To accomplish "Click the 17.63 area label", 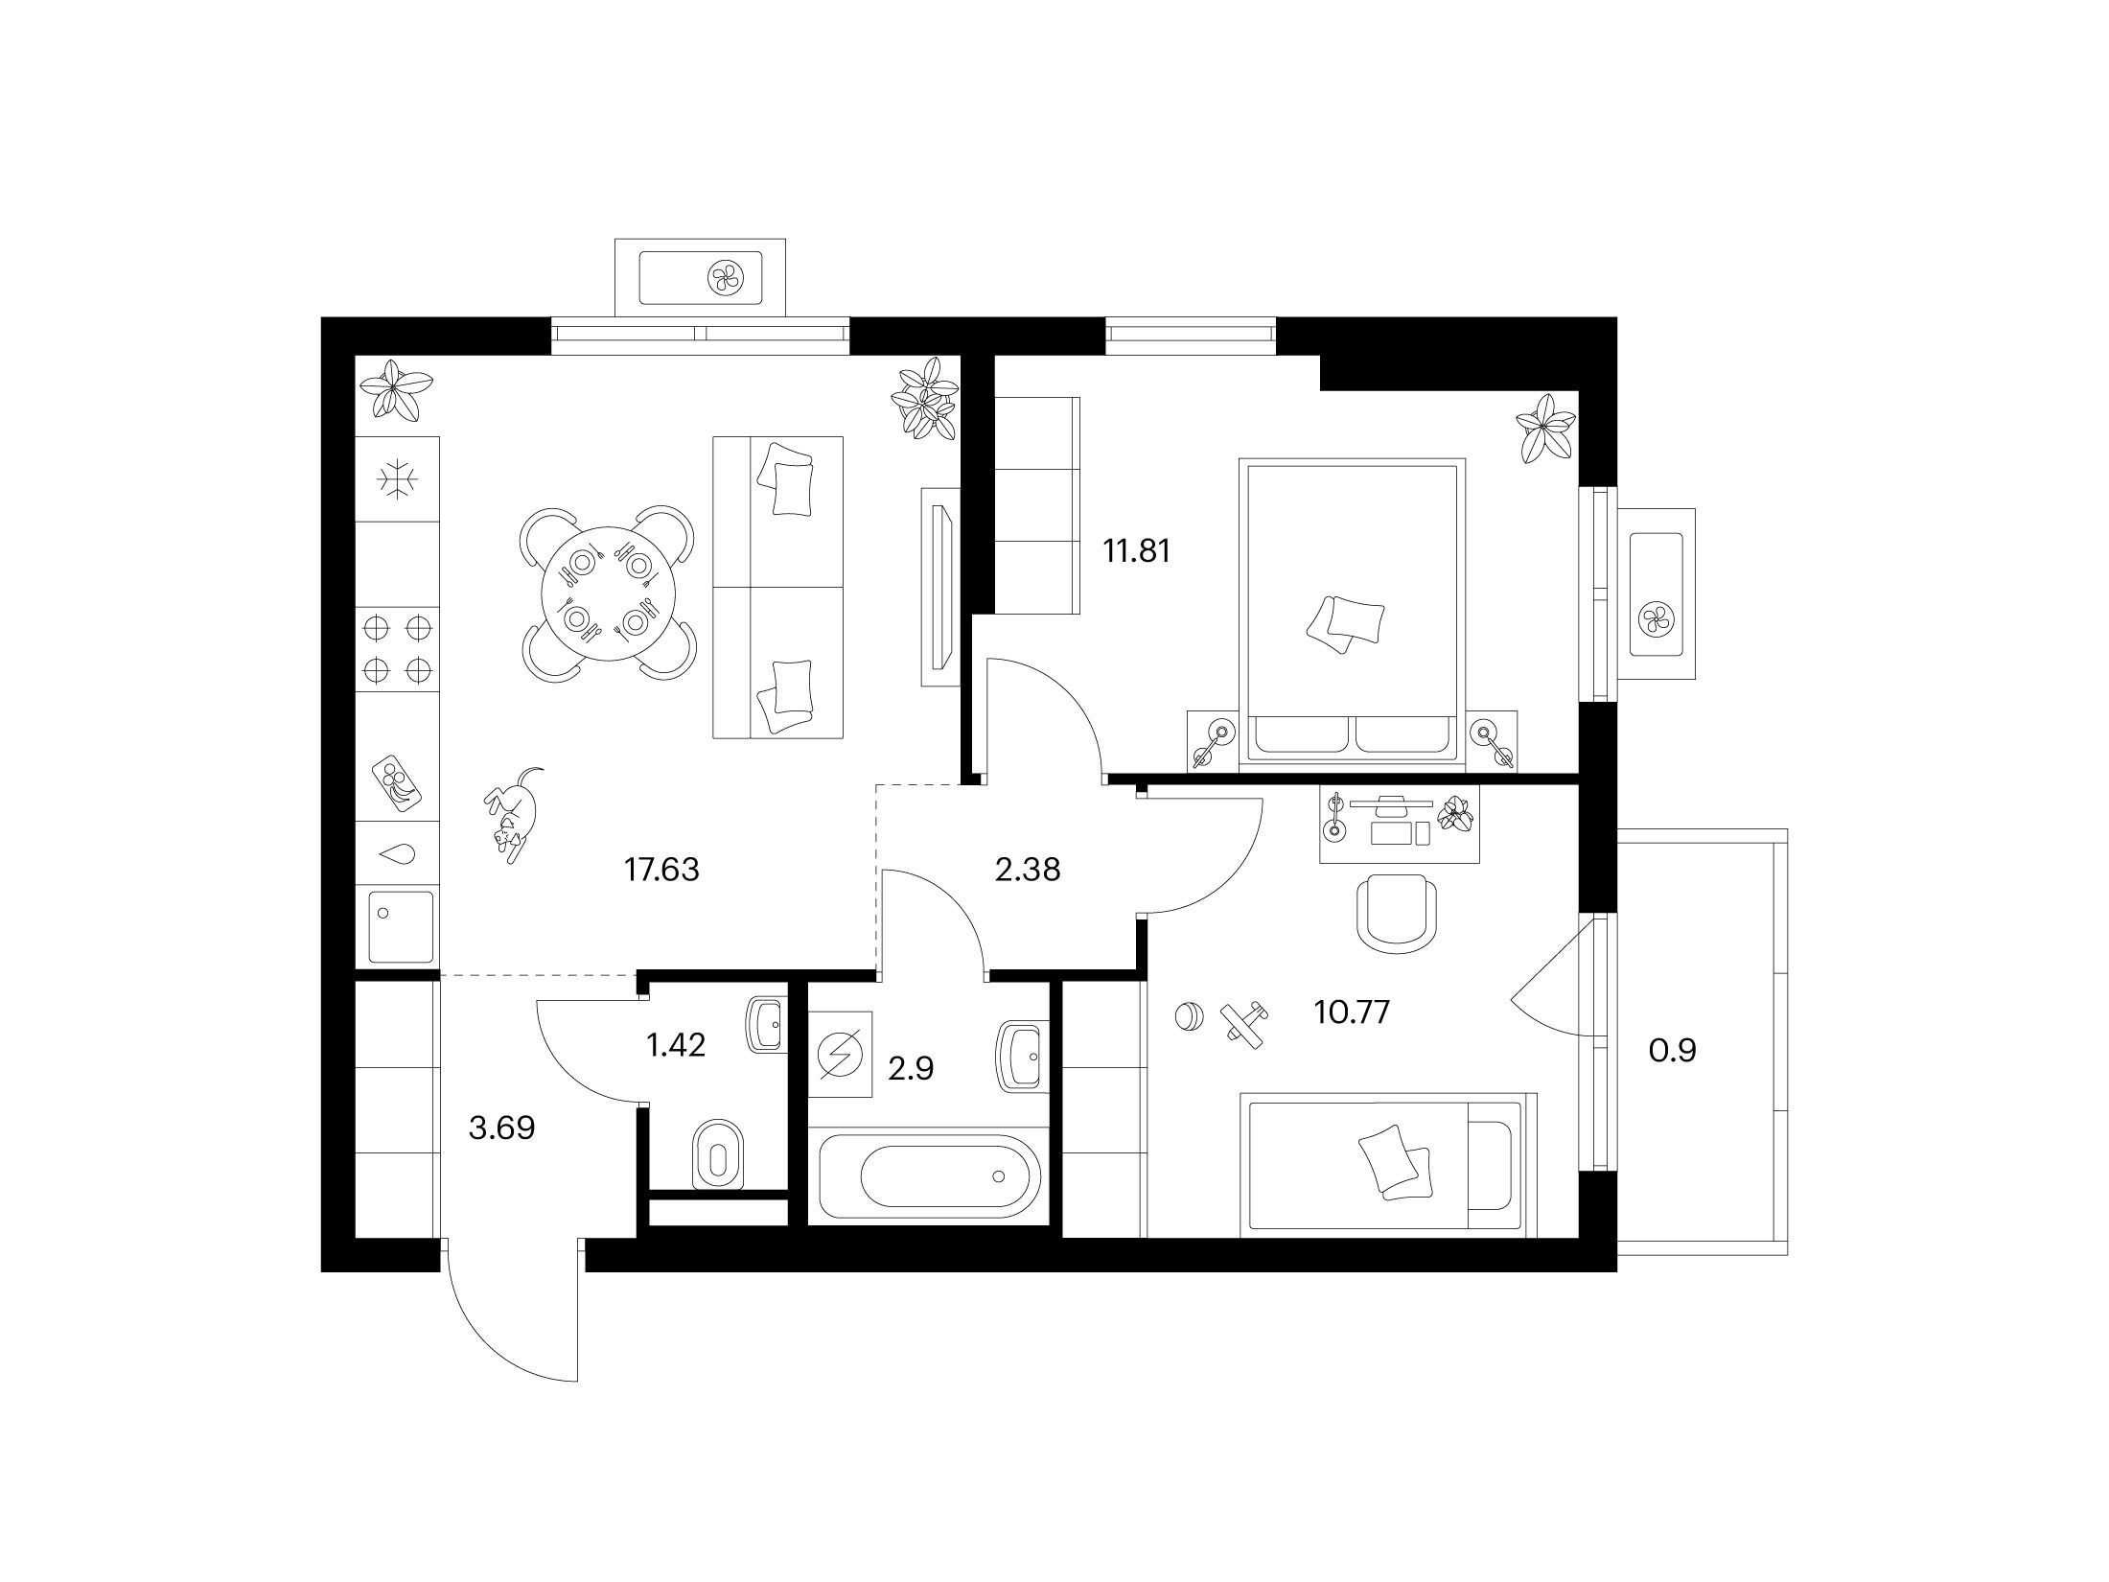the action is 661,871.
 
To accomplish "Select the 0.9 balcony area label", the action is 1673,1052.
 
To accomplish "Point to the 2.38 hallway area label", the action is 1027,871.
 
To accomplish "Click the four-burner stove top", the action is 398,647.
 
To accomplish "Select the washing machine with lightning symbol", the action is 841,1054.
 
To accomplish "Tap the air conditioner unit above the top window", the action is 700,277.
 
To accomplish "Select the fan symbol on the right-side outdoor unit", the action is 1657,617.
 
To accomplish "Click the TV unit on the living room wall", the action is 938,587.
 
